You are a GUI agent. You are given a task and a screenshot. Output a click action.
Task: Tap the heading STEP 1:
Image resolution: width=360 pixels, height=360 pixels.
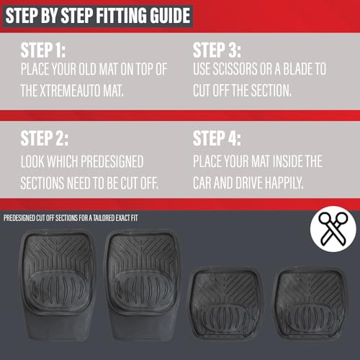[x=43, y=50]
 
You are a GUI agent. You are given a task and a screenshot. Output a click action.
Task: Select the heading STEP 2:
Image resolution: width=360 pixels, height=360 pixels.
[x=45, y=138]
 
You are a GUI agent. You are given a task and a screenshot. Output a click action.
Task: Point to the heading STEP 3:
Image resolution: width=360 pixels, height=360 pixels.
[x=217, y=50]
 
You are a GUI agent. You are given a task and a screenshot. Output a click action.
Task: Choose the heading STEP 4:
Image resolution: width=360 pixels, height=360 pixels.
[x=217, y=138]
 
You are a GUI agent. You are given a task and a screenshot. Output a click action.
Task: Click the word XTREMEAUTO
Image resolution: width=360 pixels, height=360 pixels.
[x=70, y=91]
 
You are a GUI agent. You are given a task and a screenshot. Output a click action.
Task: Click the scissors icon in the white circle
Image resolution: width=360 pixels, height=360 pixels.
[x=333, y=229]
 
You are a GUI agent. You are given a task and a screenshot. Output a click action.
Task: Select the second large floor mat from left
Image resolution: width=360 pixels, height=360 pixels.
[x=142, y=286]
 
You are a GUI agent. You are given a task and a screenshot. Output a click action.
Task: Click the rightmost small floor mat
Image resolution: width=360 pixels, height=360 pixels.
[x=311, y=303]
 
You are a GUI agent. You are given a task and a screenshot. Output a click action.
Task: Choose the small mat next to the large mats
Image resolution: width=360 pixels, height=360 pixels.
[x=225, y=303]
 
